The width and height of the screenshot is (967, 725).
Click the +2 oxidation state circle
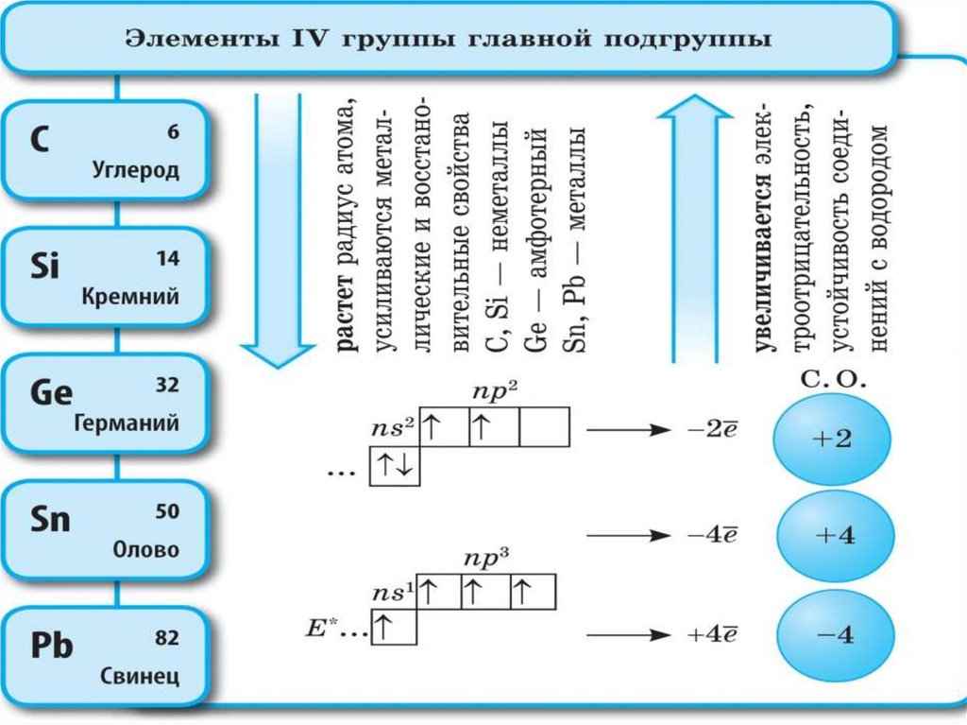pyautogui.click(x=831, y=441)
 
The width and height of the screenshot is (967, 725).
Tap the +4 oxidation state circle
pyautogui.click(x=831, y=534)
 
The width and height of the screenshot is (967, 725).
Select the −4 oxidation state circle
pyautogui.click(x=831, y=635)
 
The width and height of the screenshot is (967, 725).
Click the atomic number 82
pyautogui.click(x=166, y=640)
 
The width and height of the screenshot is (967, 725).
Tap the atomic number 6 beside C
pyautogui.click(x=173, y=133)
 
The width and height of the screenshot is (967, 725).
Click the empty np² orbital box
pyautogui.click(x=545, y=426)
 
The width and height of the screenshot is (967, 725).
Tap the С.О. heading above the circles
pyautogui.click(x=828, y=382)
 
